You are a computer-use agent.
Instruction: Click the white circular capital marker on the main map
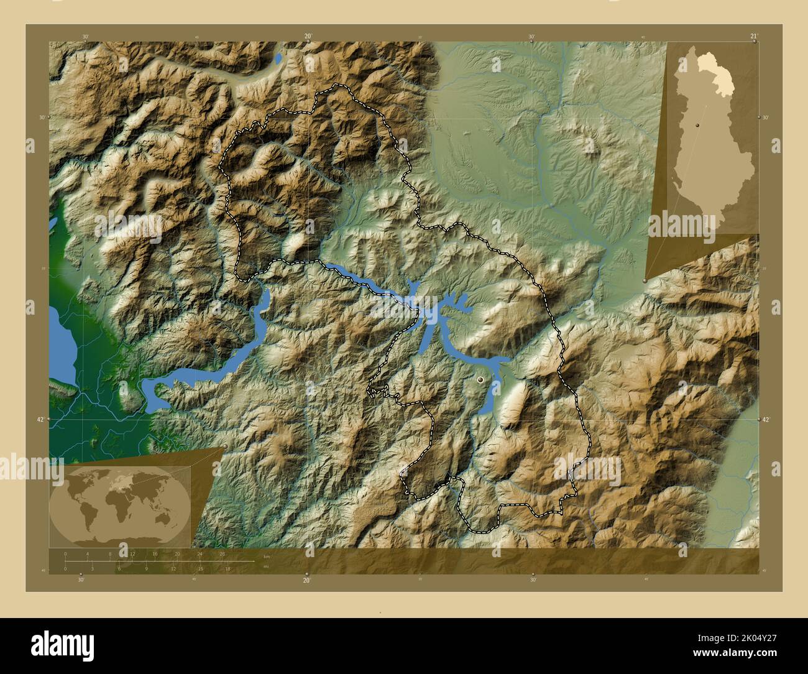pyautogui.click(x=480, y=379)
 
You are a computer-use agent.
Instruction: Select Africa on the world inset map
pyautogui.click(x=120, y=503)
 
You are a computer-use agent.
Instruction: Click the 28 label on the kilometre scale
pyautogui.click(x=222, y=553)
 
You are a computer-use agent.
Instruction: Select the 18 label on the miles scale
pyautogui.click(x=227, y=568)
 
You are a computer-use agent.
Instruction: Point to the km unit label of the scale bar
pyautogui.click(x=267, y=556)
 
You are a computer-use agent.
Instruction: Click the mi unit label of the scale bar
pyautogui.click(x=265, y=566)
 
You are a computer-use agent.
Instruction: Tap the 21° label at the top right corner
pyautogui.click(x=753, y=36)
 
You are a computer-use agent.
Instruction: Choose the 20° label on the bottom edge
pyautogui.click(x=306, y=580)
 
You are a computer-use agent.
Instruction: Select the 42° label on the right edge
pyautogui.click(x=767, y=420)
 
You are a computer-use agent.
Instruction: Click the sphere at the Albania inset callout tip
pyautogui.click(x=645, y=281)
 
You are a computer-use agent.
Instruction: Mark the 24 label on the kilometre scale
pyautogui.click(x=200, y=553)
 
